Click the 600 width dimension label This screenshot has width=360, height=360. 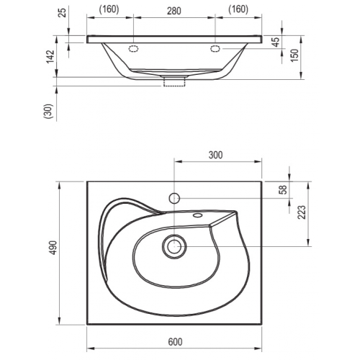tap(175, 342)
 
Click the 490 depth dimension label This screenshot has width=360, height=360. tap(53, 248)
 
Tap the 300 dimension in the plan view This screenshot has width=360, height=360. tap(215, 155)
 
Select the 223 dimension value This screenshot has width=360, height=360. tap(302, 212)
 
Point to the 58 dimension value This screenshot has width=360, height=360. tap(284, 189)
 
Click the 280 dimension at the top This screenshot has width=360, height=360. tap(174, 11)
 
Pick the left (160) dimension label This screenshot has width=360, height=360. tap(109, 9)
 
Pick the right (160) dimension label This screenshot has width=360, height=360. tap(238, 9)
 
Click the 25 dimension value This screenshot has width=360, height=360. tap(62, 13)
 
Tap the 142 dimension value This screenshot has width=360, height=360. tap(50, 57)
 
